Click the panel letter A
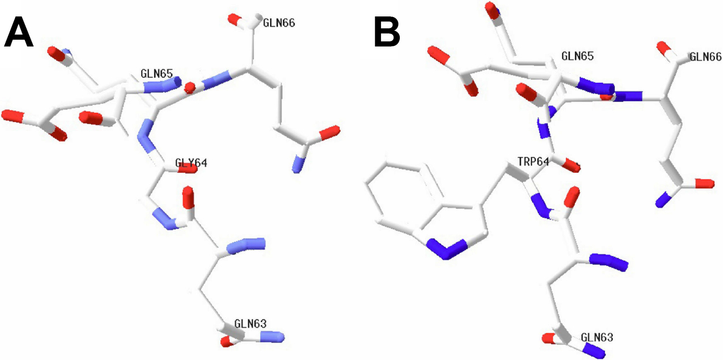19,32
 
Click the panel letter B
387,32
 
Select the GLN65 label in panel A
157,75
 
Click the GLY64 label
191,163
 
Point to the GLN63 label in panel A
250,324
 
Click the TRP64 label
533,162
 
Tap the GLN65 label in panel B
577,57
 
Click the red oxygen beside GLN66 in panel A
234,19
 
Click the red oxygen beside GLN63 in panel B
549,339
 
